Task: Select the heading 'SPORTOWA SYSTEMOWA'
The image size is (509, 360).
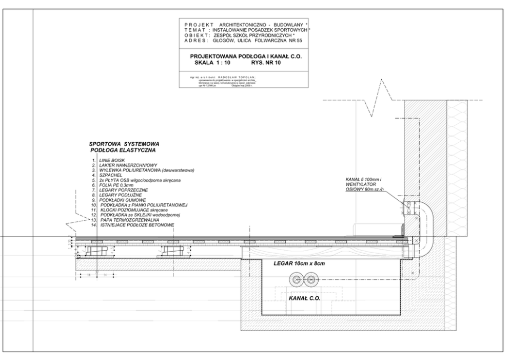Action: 125,144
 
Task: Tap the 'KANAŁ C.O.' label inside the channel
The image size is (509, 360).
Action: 304,298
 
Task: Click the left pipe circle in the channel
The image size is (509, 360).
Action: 296,280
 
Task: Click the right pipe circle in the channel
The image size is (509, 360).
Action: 309,280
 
